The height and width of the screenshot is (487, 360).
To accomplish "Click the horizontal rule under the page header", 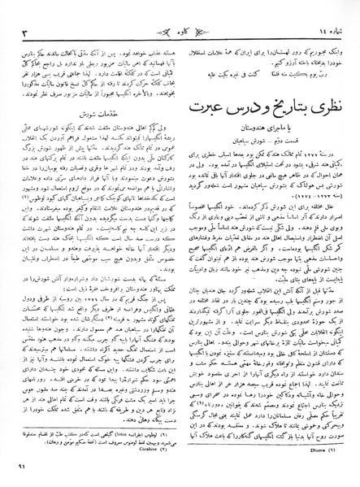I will (180, 21).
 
